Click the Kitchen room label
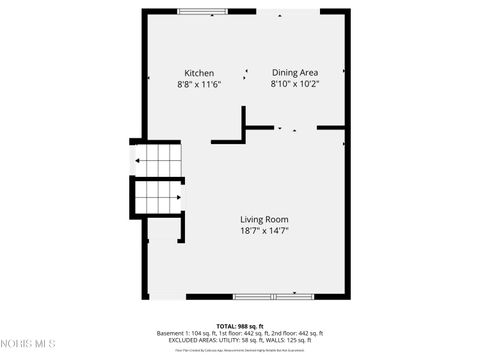(198, 73)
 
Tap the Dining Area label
(295, 73)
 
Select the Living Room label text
(264, 220)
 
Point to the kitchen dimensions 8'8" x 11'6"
(198, 85)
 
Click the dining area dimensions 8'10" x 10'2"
(295, 85)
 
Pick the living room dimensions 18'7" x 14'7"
(264, 231)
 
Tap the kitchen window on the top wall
(203, 11)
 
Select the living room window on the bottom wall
(273, 296)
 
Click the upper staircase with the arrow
(158, 159)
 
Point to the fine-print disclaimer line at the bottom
(240, 351)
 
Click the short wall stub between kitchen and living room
(243, 125)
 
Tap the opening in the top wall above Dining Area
(286, 11)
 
